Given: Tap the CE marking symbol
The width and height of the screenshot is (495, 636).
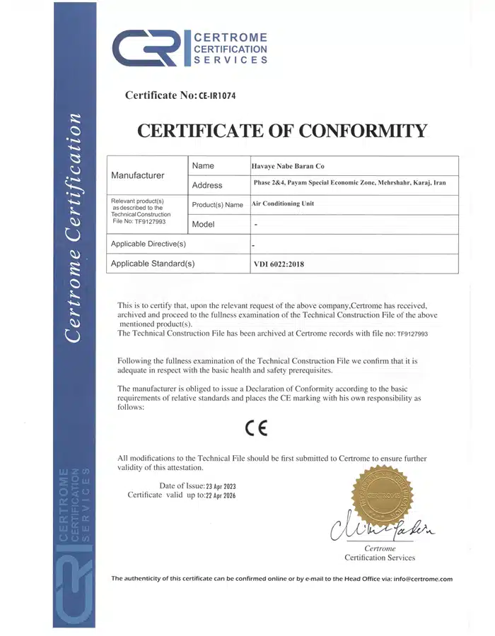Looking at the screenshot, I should point(257,428).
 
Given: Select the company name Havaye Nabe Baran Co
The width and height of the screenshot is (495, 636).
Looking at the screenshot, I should point(289,165).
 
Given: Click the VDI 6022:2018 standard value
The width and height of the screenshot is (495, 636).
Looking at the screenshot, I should point(280,264).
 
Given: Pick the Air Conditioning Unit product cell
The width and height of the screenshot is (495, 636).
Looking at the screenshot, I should point(283,204).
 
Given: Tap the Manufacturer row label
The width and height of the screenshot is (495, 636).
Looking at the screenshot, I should point(139,175).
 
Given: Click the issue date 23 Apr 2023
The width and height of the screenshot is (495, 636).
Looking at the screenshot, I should point(220,486).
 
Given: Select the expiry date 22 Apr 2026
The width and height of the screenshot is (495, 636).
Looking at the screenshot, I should point(220,496).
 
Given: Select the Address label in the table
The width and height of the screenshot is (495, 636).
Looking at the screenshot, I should point(207,185).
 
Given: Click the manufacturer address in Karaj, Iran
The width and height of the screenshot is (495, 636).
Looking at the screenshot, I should point(349,183).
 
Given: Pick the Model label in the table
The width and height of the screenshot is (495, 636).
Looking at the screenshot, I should point(202,224).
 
